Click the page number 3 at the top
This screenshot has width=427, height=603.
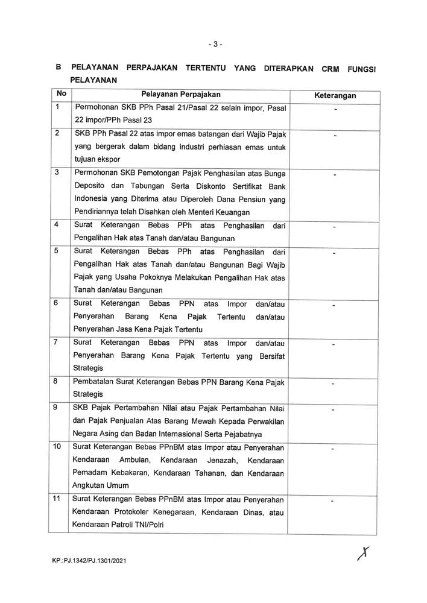click(214, 45)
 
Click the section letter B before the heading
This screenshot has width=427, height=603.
click(58, 68)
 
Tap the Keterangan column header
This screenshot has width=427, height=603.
click(335, 96)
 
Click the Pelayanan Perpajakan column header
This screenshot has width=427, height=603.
click(181, 95)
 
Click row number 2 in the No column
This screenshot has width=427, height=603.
click(57, 133)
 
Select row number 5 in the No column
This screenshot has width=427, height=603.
click(57, 250)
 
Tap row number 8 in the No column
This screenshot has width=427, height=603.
click(57, 382)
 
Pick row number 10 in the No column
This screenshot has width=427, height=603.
click(59, 447)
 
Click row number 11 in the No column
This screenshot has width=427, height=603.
click(59, 498)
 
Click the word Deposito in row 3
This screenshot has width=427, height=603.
click(90, 186)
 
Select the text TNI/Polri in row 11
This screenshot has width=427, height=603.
click(150, 525)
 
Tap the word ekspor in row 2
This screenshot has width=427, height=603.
click(107, 159)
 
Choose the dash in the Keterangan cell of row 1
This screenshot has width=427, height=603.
click(335, 109)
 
